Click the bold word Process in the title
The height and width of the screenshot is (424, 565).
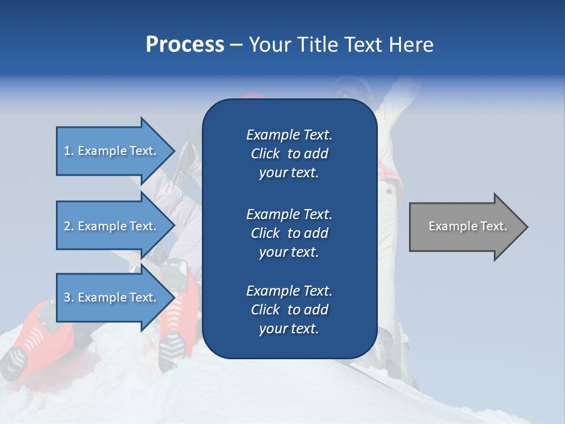(x=185, y=45)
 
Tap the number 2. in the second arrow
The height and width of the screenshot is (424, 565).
(x=69, y=226)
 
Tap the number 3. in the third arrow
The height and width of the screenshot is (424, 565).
(x=69, y=297)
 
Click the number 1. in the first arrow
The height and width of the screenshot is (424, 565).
(x=69, y=151)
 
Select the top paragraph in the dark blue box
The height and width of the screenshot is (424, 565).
(x=289, y=154)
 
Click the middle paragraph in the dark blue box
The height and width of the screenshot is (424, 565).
(x=289, y=233)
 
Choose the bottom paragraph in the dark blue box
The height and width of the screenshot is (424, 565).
(x=289, y=310)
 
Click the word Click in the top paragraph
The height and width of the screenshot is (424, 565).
(x=265, y=154)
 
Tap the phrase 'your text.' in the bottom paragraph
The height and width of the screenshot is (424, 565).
(x=289, y=329)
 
